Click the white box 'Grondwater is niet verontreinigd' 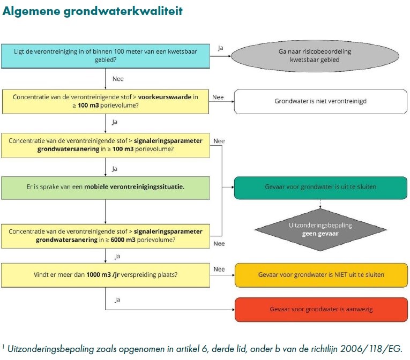pos(320,101)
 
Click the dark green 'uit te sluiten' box pos(320,187)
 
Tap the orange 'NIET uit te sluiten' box pos(320,275)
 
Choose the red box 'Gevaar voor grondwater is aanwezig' pos(320,310)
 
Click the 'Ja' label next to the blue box pos(221,48)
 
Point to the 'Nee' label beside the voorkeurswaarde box pos(218,97)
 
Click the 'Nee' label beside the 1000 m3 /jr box pos(219,269)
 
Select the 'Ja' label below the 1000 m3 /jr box pos(117,299)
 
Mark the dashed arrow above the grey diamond pos(320,204)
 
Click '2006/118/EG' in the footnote pos(373,348)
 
